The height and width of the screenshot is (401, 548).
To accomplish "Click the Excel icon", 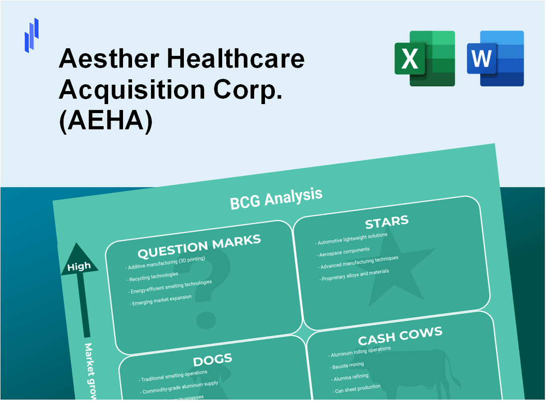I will click(x=424, y=58).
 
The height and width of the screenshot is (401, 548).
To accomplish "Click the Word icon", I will click(x=495, y=58).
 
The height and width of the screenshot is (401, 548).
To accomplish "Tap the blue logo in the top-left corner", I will click(x=31, y=35).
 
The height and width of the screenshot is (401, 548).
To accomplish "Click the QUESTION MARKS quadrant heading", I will click(x=199, y=246).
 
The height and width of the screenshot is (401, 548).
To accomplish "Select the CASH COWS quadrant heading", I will click(x=400, y=336).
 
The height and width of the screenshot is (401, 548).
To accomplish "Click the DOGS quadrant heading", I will click(x=212, y=360).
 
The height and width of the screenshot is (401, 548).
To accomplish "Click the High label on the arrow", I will click(x=79, y=267).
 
